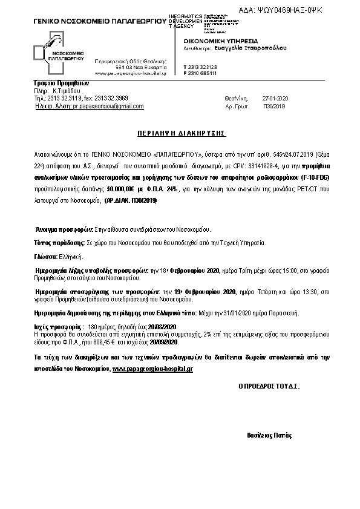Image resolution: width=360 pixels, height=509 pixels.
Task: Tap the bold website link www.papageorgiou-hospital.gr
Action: coord(152,368)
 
